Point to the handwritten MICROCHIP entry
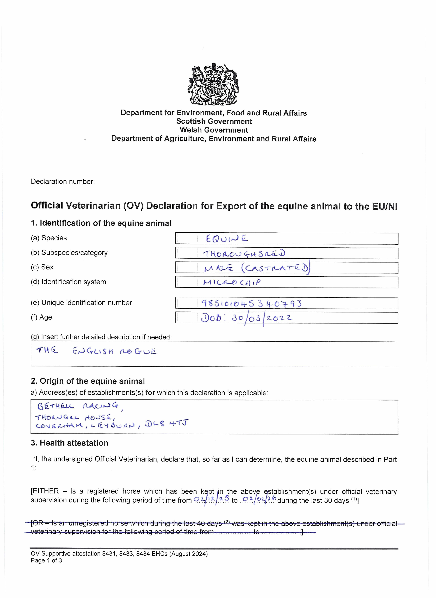point(232,282)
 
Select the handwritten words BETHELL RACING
point(78,406)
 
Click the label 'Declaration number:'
point(63,182)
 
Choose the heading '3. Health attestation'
point(69,443)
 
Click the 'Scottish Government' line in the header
point(214,121)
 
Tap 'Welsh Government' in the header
point(214,130)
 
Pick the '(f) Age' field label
point(41,317)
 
